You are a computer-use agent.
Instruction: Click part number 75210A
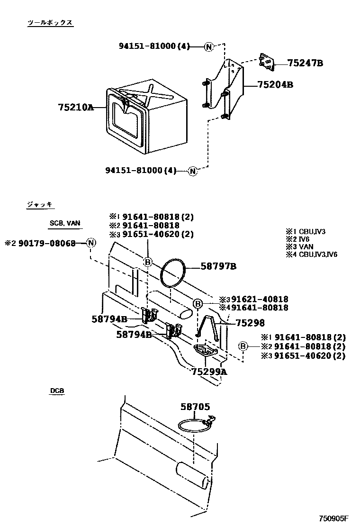click(x=75, y=108)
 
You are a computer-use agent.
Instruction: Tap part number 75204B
click(x=275, y=85)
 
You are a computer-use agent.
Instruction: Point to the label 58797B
click(x=218, y=267)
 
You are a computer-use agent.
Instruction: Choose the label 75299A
click(x=209, y=372)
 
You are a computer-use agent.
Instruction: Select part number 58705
click(x=195, y=407)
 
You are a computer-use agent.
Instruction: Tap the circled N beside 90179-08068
click(x=91, y=243)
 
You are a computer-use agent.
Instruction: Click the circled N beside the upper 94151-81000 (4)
click(x=209, y=46)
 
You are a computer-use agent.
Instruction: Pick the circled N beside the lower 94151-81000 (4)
click(x=192, y=171)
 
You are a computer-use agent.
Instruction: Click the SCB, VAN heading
click(x=64, y=223)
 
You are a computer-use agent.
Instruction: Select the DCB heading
click(x=57, y=391)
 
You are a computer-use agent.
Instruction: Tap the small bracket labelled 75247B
click(x=267, y=62)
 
